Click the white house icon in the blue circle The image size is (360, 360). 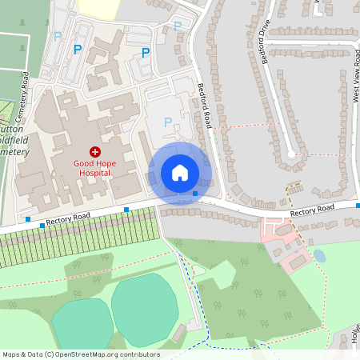click(x=180, y=173)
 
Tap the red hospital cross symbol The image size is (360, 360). click(x=95, y=151)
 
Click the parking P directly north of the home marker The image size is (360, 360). click(x=168, y=122)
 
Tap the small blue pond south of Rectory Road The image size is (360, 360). click(x=319, y=256)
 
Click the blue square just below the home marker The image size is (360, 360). click(x=195, y=193)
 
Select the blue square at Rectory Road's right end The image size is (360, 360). click(x=357, y=204)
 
